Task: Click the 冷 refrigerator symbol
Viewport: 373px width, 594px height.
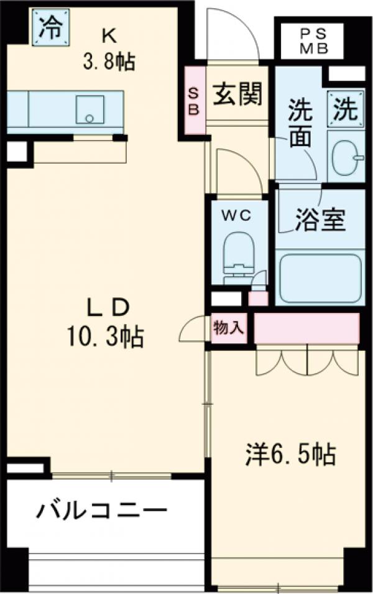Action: click(x=50, y=27)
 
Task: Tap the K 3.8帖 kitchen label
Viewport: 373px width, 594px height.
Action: click(x=109, y=50)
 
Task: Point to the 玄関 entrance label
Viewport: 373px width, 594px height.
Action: click(x=238, y=94)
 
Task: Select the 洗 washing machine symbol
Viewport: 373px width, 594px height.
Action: click(x=345, y=110)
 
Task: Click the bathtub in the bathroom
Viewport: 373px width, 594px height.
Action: click(x=320, y=277)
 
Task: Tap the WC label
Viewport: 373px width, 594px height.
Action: click(x=237, y=215)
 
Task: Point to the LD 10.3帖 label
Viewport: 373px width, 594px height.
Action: click(x=106, y=323)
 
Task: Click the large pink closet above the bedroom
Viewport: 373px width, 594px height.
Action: click(x=306, y=328)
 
